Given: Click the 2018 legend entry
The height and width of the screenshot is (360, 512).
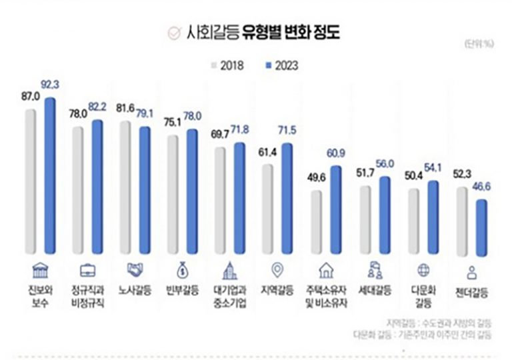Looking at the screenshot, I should pyautogui.click(x=229, y=65).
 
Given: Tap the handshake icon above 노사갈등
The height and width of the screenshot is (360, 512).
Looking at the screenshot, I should pyautogui.click(x=136, y=271).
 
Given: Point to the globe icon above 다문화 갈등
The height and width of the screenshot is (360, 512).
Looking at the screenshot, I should pyautogui.click(x=422, y=271).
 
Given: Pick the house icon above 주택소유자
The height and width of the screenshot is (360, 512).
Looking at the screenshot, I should pyautogui.click(x=327, y=271).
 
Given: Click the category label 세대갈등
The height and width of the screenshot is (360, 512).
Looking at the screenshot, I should pyautogui.click(x=374, y=292).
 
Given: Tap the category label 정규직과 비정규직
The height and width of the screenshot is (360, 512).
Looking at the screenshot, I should pyautogui.click(x=89, y=297).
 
